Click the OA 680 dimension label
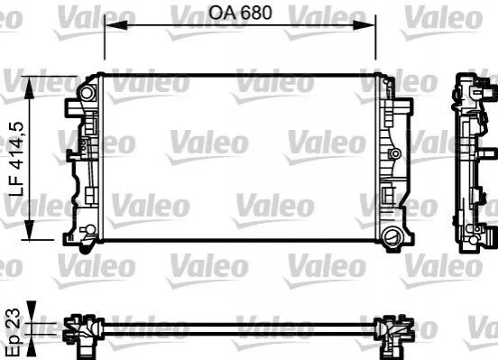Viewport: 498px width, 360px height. (240, 13)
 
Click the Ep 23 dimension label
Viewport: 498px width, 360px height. (14, 330)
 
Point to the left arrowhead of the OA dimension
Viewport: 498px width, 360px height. (116, 25)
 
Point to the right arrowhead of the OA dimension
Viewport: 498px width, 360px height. (364, 25)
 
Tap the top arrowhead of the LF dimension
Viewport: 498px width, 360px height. (29, 88)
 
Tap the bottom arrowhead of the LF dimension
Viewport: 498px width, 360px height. (29, 228)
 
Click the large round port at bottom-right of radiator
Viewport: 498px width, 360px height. (392, 236)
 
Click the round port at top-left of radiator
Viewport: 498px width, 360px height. (86, 93)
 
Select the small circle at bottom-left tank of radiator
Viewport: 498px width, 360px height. (91, 229)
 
